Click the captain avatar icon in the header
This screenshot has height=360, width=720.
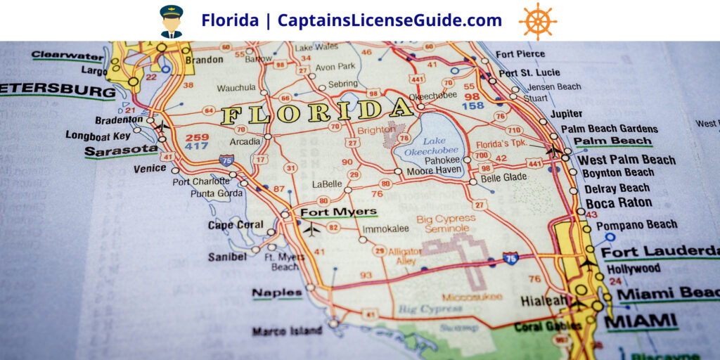(x=171, y=21)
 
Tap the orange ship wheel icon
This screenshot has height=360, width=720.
(x=538, y=21)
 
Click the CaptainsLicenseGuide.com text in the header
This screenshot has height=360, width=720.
(x=390, y=20)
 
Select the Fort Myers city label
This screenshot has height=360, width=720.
(x=338, y=212)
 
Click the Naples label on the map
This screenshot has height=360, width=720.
(x=277, y=293)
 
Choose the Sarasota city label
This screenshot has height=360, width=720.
(x=121, y=150)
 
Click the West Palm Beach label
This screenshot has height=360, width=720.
(x=626, y=160)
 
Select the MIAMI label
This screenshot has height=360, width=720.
(x=642, y=321)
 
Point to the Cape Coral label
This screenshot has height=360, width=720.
(x=235, y=226)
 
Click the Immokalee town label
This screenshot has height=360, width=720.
(x=385, y=229)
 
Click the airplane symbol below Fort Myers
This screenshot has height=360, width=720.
(x=311, y=229)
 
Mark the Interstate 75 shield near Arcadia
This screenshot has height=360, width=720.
(x=227, y=160)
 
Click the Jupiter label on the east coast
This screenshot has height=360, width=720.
(x=566, y=114)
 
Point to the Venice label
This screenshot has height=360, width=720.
(x=150, y=168)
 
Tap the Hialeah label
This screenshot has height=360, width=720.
(x=544, y=301)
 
